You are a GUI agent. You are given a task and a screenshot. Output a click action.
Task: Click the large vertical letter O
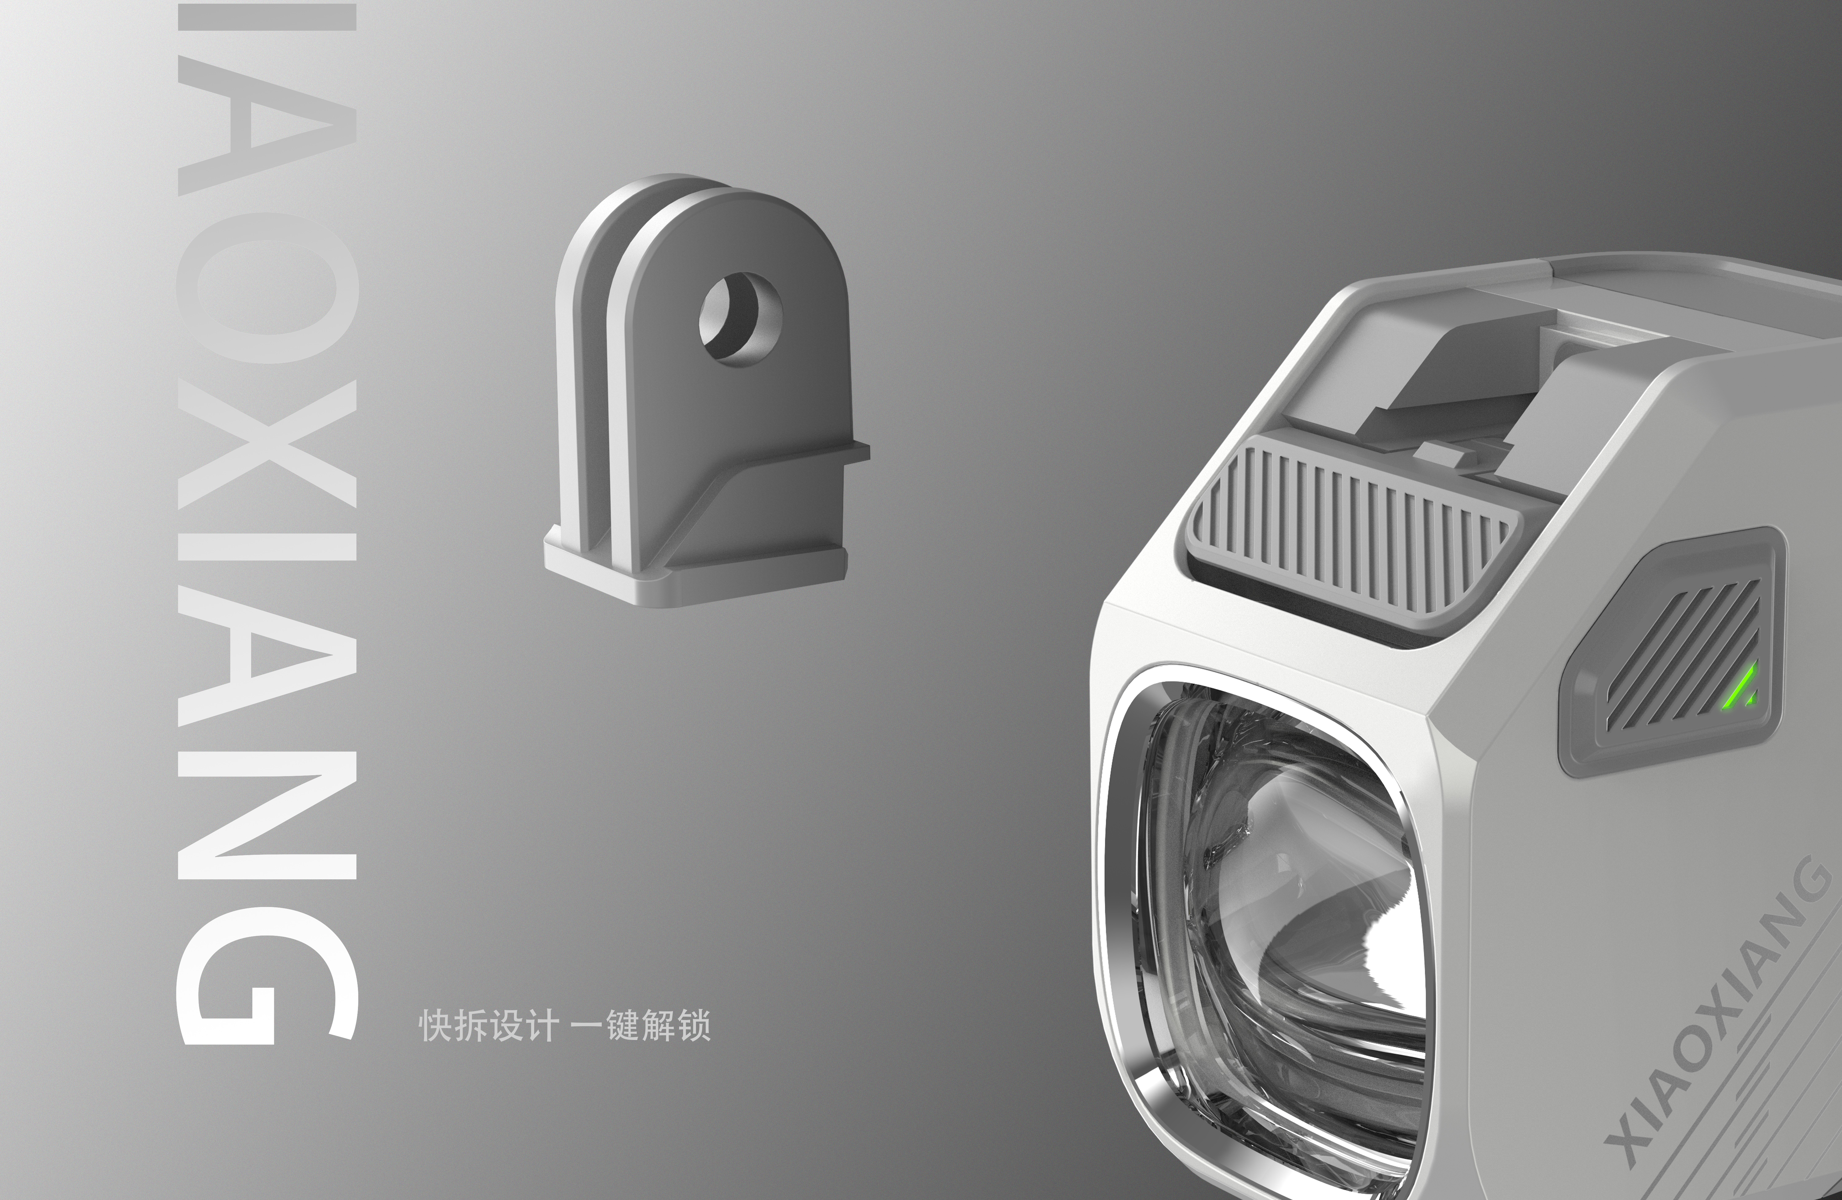click(267, 291)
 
